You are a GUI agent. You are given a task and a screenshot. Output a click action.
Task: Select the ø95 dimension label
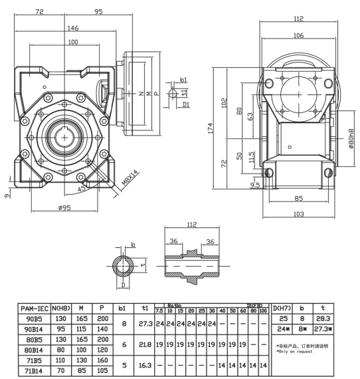tap(62, 207)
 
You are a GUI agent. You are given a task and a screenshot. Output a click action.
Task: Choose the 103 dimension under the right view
tap(298, 214)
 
